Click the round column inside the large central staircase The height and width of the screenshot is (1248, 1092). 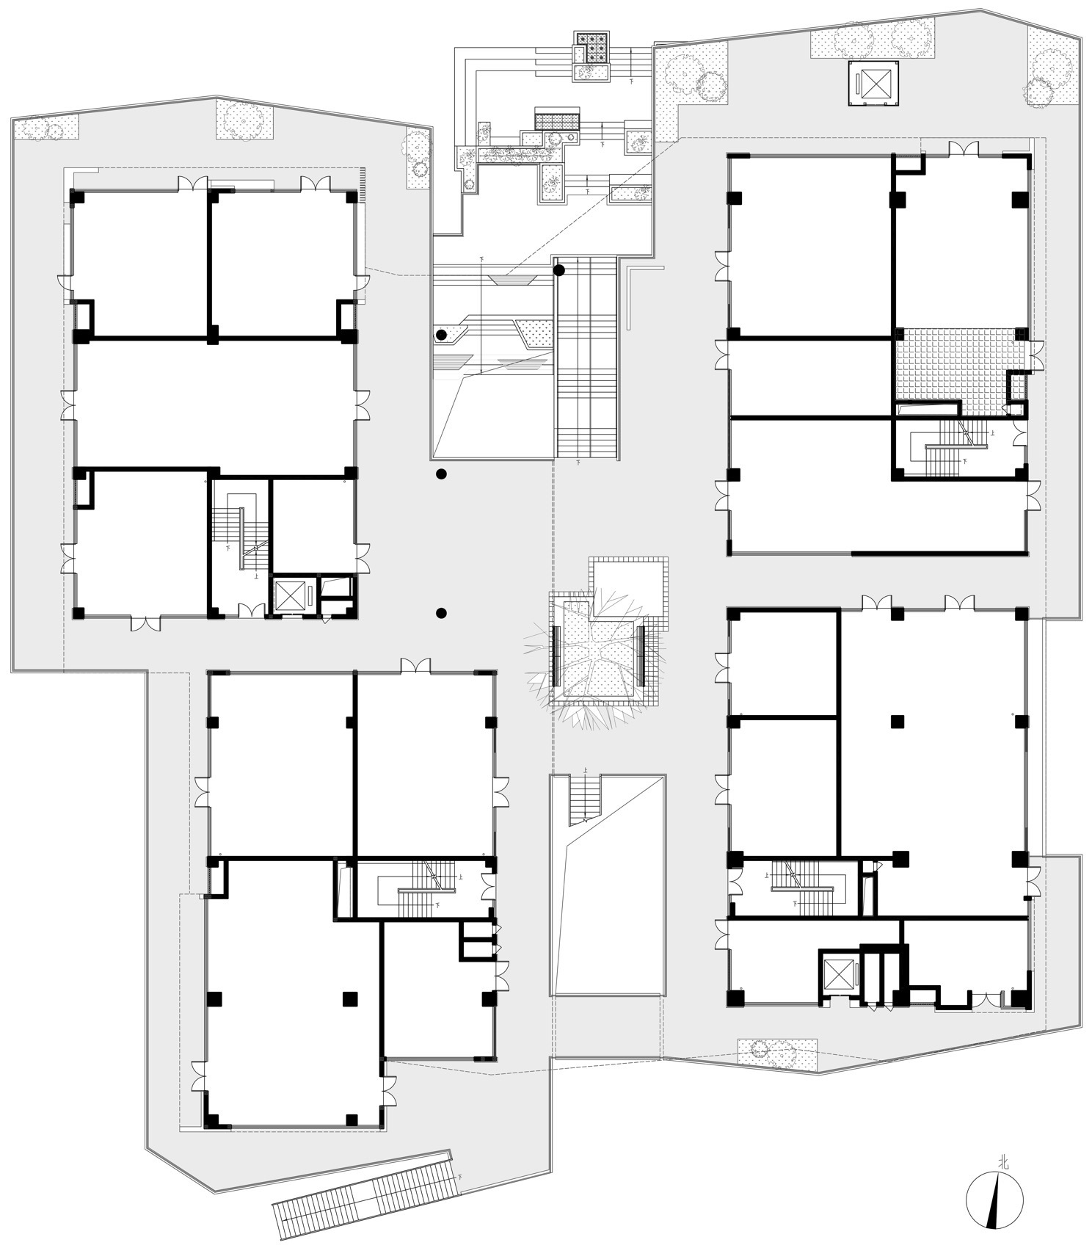[x=559, y=270]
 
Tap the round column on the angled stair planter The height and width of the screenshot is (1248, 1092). [x=441, y=335]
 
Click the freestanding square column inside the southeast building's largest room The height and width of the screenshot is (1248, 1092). [x=897, y=722]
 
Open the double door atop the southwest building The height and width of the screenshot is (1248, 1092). [x=415, y=666]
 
